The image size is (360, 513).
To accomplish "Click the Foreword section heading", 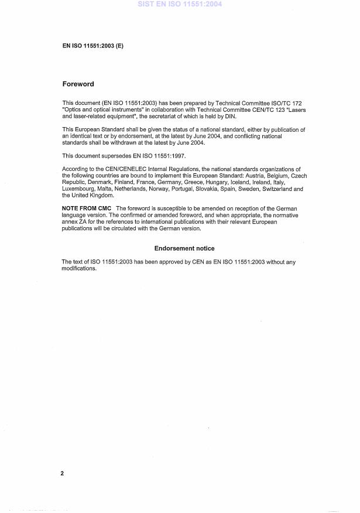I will pyautogui.click(x=78, y=84).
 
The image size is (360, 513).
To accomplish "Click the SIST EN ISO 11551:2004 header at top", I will pyautogui.click(x=180, y=4).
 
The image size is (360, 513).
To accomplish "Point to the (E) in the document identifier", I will pyautogui.click(x=118, y=45).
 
